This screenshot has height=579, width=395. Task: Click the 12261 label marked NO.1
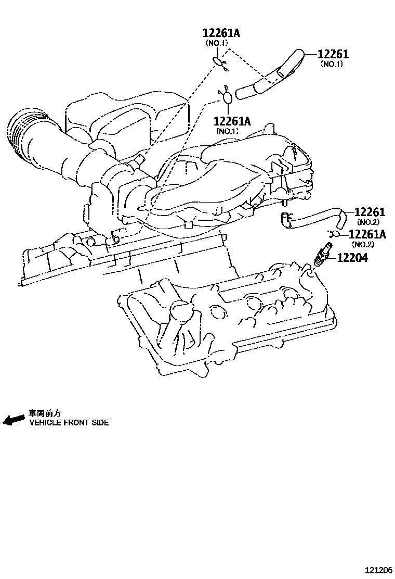333,54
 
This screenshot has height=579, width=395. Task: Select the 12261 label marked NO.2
370,212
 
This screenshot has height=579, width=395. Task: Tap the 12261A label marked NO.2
367,235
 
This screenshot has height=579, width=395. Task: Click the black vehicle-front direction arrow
14,419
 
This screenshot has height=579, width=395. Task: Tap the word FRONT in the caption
78,423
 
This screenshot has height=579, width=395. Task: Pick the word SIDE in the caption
101,423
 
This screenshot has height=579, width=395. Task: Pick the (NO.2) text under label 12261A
362,244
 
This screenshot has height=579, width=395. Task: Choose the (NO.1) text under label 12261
332,64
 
